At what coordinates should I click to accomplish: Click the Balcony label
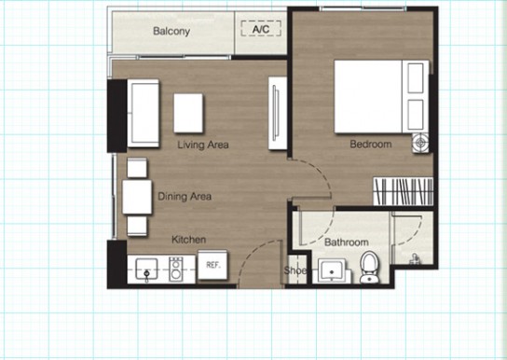click(171, 31)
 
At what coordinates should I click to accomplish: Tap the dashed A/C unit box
click(261, 29)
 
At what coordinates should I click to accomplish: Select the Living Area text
click(203, 145)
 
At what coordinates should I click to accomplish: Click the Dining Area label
click(185, 197)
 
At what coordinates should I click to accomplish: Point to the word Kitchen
click(189, 240)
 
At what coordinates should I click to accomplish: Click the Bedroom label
click(371, 144)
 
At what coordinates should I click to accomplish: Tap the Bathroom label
click(347, 242)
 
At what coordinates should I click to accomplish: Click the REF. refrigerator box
click(212, 265)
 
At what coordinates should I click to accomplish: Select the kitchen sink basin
click(146, 269)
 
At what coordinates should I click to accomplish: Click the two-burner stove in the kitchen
click(176, 269)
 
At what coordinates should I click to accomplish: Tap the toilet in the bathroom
click(370, 267)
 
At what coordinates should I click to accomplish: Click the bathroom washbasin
click(332, 271)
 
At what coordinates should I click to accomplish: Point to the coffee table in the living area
click(188, 113)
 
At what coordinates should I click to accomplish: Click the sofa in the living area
click(144, 113)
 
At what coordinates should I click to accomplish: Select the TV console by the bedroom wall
click(278, 113)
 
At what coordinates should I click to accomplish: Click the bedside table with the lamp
click(420, 143)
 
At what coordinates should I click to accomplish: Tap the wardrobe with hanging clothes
click(404, 191)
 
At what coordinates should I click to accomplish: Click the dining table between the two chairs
click(137, 197)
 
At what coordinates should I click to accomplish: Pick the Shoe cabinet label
click(295, 270)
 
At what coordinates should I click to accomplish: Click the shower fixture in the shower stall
click(414, 259)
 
